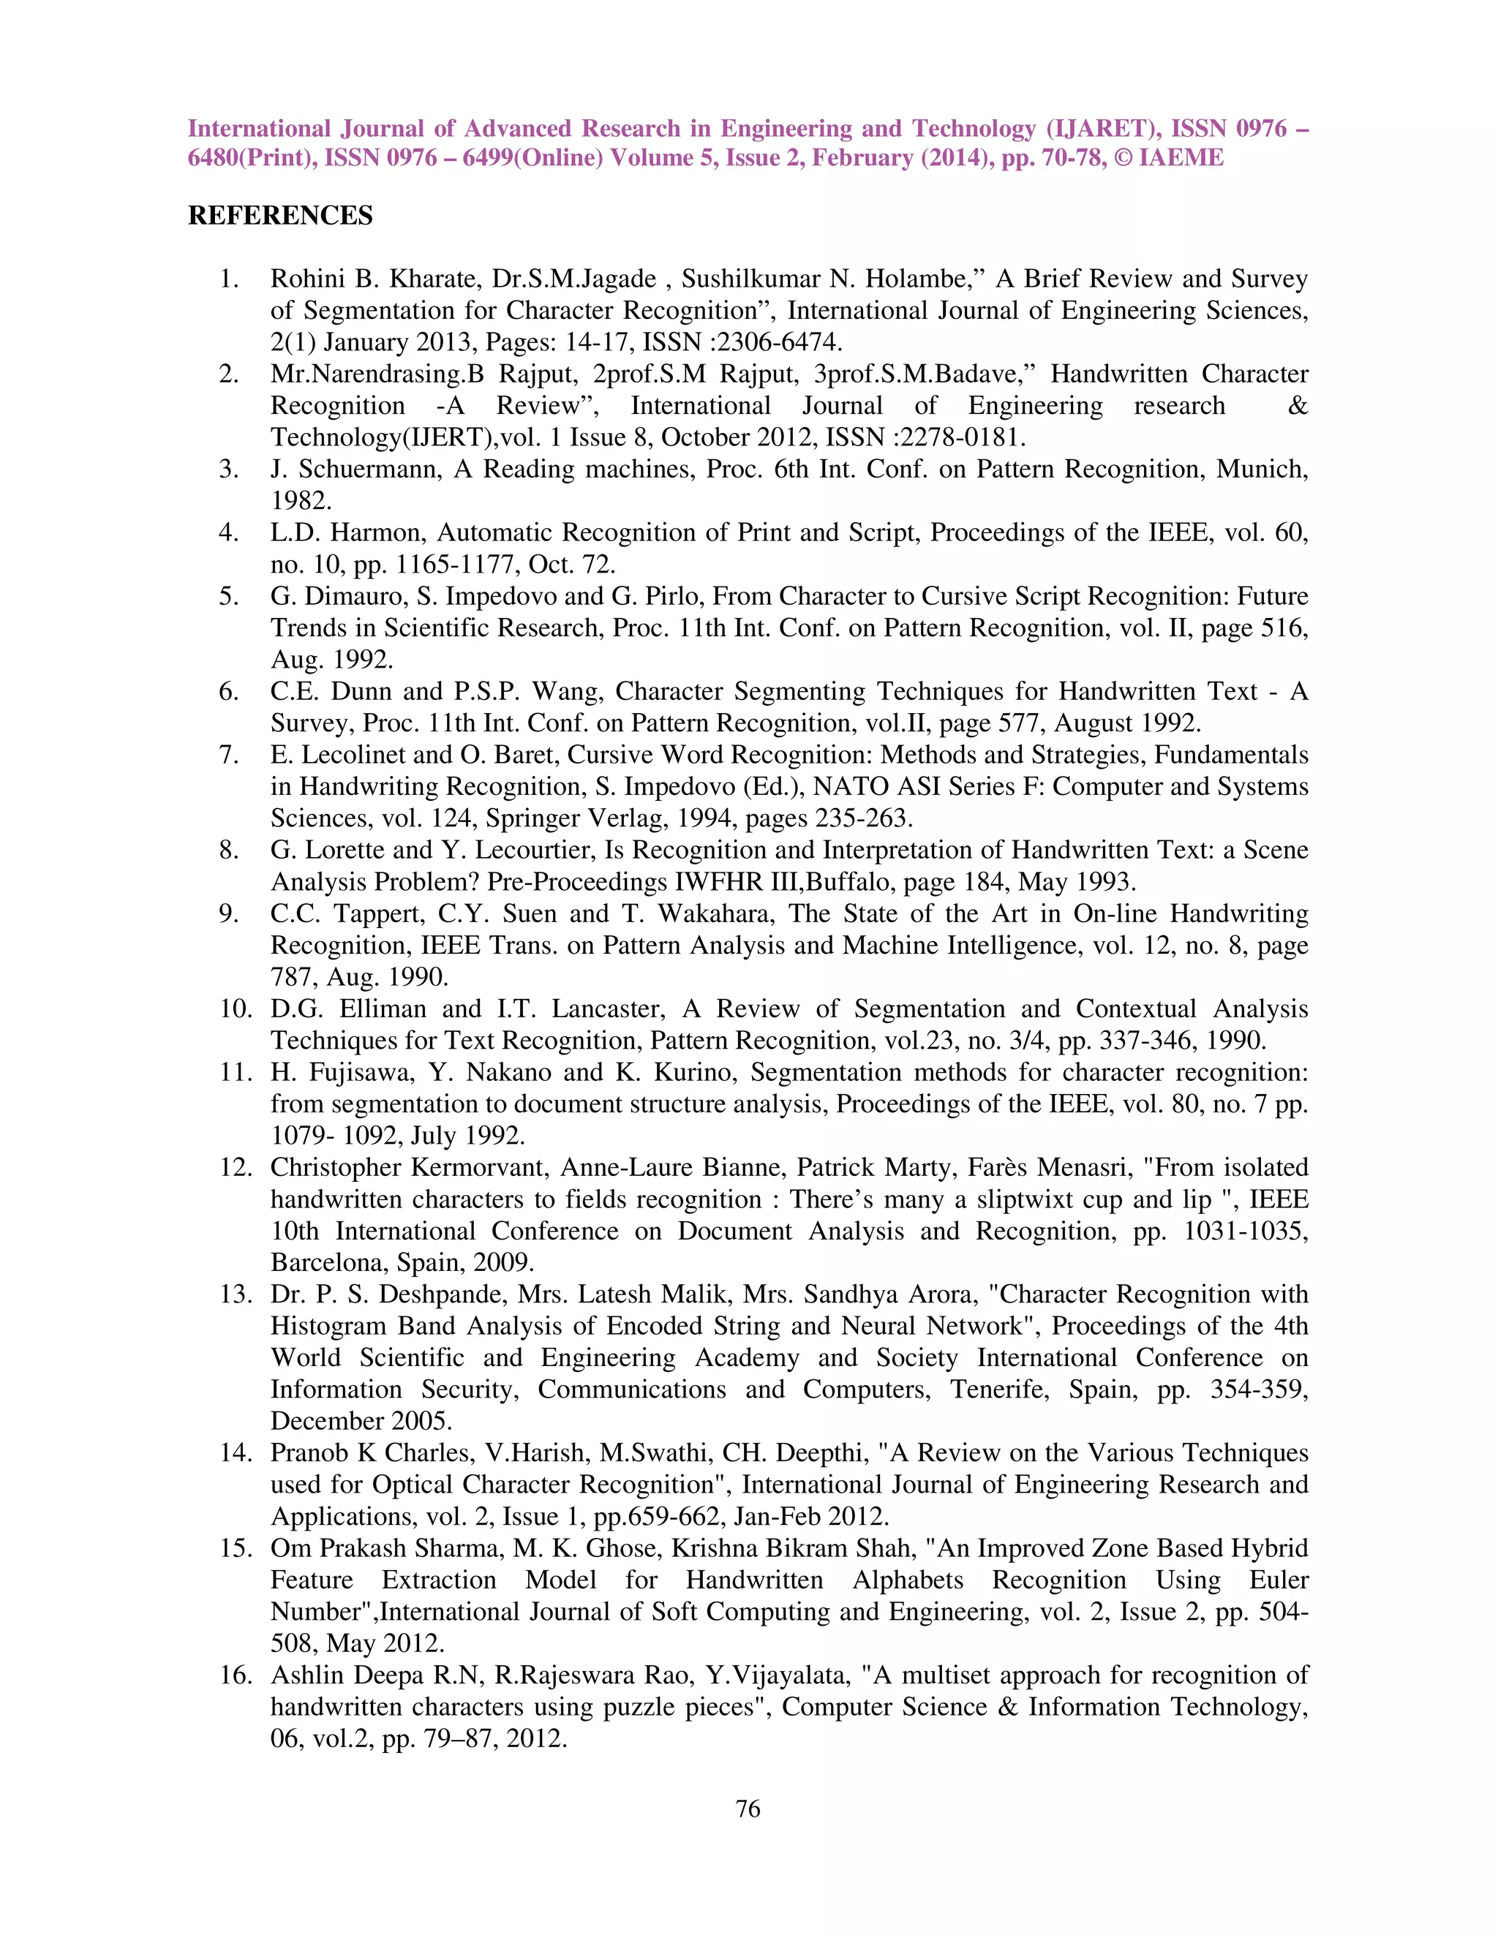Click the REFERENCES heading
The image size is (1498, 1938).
point(280,216)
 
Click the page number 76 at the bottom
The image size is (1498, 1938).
point(748,1808)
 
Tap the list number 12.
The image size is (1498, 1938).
point(237,1167)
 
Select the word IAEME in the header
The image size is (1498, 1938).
point(1181,158)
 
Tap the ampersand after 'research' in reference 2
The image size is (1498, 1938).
point(1297,406)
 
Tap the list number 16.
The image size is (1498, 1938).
point(237,1675)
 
